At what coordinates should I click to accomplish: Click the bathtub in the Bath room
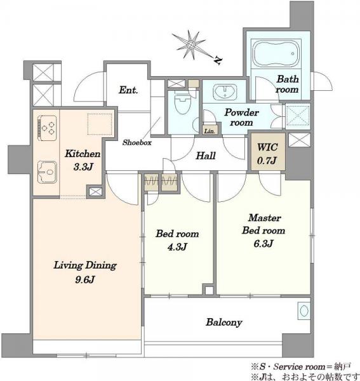(x=277, y=54)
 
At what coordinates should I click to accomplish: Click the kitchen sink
(x=47, y=172)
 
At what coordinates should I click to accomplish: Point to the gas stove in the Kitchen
(x=47, y=128)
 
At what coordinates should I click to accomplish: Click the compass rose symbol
(x=191, y=45)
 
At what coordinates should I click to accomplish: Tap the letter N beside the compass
(x=217, y=60)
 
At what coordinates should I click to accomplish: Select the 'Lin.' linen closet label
(x=210, y=131)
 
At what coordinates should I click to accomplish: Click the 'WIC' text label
(x=267, y=147)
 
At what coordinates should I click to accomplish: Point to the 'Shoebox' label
(x=137, y=142)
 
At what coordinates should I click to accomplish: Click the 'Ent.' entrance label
(x=128, y=90)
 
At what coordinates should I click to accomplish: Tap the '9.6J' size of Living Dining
(x=84, y=279)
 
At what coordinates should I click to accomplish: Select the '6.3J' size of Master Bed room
(x=263, y=243)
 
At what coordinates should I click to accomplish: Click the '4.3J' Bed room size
(x=177, y=247)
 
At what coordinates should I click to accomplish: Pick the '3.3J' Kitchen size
(x=83, y=167)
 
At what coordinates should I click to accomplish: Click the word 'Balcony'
(x=224, y=323)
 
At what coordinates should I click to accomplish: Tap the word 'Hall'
(x=206, y=156)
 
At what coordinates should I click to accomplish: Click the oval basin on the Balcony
(x=304, y=311)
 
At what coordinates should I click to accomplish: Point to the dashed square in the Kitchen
(x=100, y=124)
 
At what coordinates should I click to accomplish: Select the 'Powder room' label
(x=241, y=117)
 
